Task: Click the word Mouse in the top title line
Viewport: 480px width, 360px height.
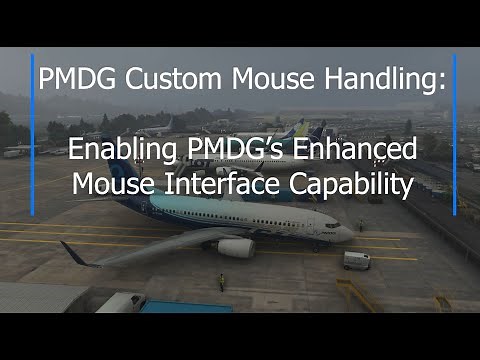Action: (253, 79)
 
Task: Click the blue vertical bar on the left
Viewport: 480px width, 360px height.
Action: (33, 134)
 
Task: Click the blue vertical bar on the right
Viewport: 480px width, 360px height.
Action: (455, 134)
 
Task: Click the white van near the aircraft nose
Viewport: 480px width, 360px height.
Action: (356, 260)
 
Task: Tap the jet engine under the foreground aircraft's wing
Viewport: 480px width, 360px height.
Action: (236, 247)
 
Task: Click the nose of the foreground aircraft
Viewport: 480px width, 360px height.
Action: (347, 233)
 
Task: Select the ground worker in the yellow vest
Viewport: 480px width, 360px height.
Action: (221, 281)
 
